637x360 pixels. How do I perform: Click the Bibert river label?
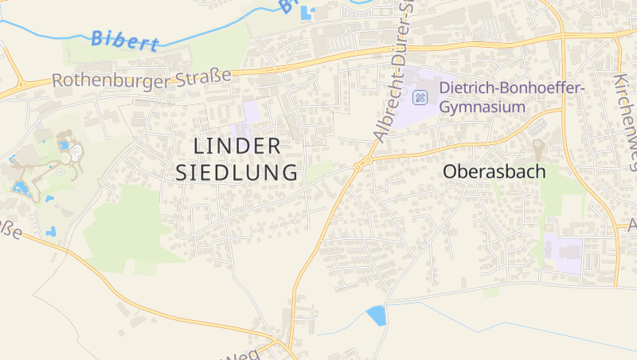(x=125, y=39)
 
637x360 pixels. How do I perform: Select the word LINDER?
(x=237, y=147)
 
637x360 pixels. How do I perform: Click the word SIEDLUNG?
(x=237, y=172)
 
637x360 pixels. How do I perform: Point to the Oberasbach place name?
(x=494, y=171)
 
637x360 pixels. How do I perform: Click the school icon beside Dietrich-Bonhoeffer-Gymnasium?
(x=420, y=98)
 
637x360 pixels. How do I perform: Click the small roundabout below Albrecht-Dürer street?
(x=358, y=166)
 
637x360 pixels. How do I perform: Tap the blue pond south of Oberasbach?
(x=376, y=315)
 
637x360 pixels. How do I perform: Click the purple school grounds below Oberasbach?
(x=565, y=253)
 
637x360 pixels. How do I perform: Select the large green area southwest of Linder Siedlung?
(x=123, y=227)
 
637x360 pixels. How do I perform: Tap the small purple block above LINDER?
(x=252, y=112)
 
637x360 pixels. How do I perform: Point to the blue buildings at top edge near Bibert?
(x=306, y=11)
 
